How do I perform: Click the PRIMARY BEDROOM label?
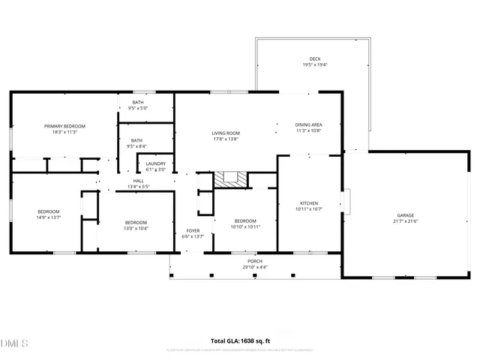point(64,126)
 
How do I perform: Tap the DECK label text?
point(315,59)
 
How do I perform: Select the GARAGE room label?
point(404,215)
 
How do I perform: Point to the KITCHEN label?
point(310,203)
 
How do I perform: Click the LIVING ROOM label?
point(226,133)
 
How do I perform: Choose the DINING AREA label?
point(308,124)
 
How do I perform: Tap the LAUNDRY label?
point(156,163)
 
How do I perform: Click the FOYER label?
point(193,230)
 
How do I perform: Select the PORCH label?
point(256,262)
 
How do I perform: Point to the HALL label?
point(139,181)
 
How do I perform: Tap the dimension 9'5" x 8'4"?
point(137,146)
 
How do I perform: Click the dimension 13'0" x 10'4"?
point(136,228)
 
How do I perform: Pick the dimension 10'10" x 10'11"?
point(245,226)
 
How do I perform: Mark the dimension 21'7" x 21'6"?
point(404,221)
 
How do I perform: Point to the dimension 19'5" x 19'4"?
point(315,65)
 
